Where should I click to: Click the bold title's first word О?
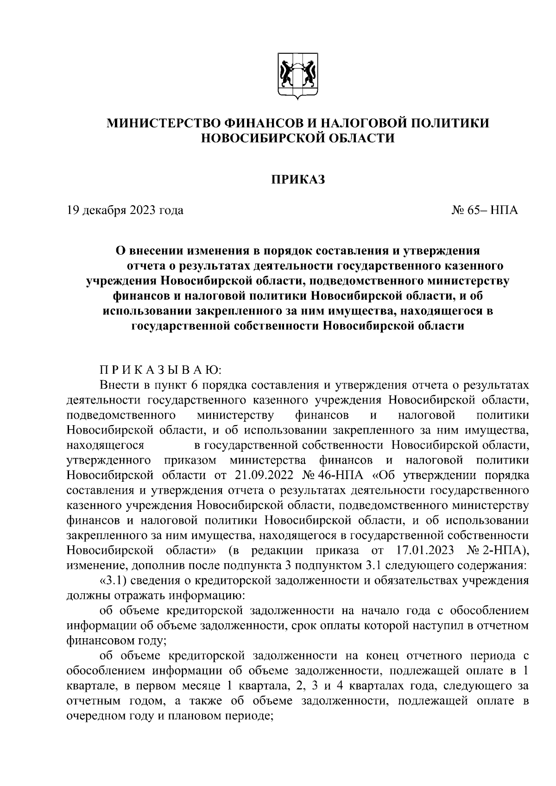(x=120, y=251)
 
